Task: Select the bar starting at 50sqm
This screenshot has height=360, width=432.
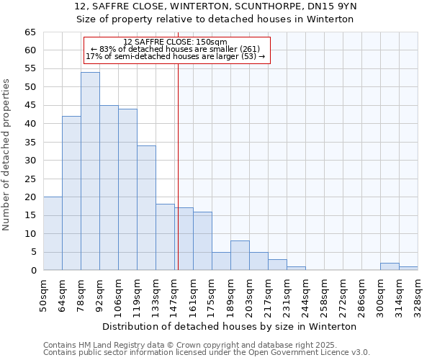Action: pos(53,233)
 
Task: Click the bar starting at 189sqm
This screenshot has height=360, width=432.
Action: pos(240,256)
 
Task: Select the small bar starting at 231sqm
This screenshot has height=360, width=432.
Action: pos(296,269)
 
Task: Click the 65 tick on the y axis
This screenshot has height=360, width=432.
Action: pos(30,32)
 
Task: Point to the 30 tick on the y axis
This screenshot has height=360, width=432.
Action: pos(30,161)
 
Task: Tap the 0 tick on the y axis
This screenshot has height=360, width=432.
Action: pos(32,271)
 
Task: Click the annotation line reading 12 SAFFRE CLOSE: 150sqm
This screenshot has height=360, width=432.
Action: pos(176,42)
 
